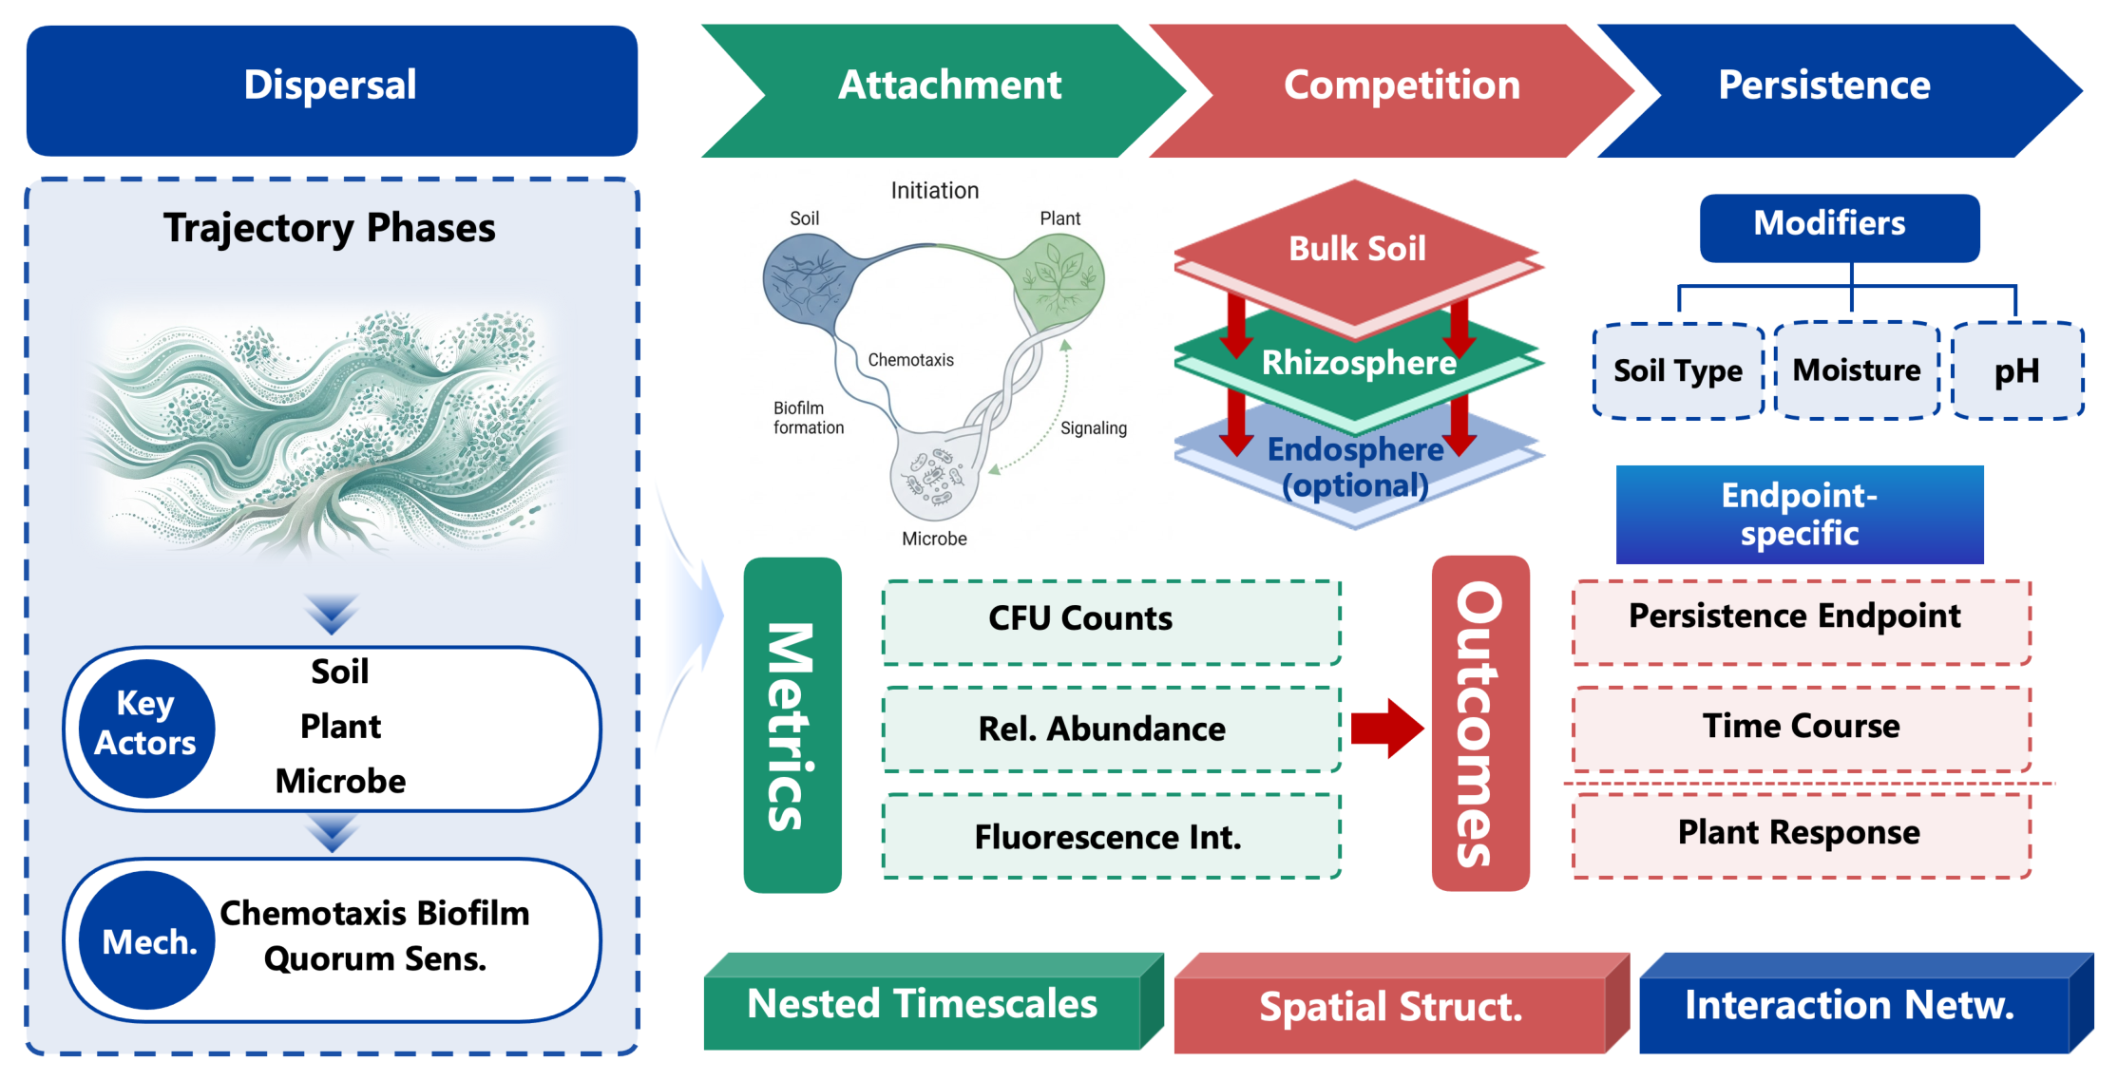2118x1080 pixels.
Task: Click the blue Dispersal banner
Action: point(332,90)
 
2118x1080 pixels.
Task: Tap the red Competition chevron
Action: point(1392,90)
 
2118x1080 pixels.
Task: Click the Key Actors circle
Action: point(146,729)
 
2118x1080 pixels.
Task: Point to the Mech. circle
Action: point(147,940)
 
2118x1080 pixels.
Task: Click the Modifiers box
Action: point(1840,228)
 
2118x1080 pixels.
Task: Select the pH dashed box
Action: point(2018,370)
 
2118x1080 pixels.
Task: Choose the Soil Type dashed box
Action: point(1678,370)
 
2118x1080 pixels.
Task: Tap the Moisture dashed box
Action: point(1857,370)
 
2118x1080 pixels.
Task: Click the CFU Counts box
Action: point(1112,622)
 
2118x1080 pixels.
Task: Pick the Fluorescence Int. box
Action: point(1112,836)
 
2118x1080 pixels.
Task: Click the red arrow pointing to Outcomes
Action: point(1387,729)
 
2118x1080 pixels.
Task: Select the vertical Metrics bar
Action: point(792,725)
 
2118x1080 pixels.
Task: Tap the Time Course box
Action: point(1802,729)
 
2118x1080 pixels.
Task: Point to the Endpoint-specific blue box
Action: point(1800,515)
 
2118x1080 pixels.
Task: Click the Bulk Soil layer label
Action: point(1357,249)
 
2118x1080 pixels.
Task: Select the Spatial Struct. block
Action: point(1402,1004)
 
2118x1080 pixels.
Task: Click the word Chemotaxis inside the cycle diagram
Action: point(910,360)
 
